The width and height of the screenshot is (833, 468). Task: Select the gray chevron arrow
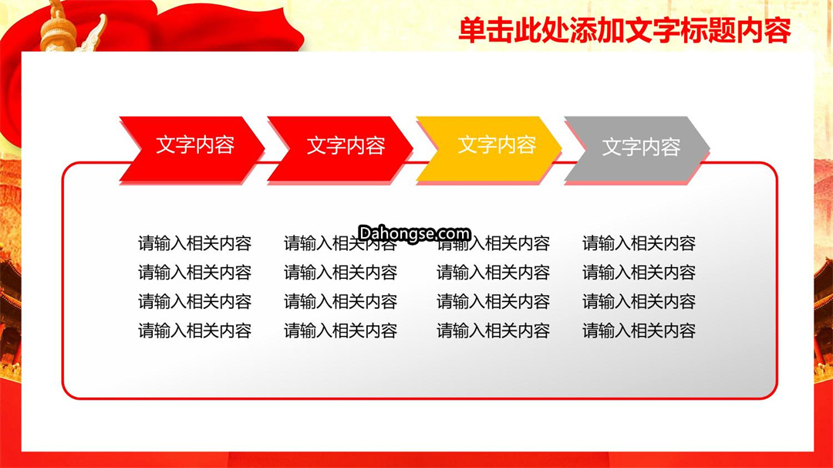tap(637, 150)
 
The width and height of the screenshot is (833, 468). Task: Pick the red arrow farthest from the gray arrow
tap(192, 150)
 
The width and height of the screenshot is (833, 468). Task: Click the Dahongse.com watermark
tap(414, 233)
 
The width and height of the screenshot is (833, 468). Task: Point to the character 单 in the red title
tap(472, 31)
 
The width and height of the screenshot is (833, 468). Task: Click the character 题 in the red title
tap(721, 31)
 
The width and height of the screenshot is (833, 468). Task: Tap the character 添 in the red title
tap(583, 31)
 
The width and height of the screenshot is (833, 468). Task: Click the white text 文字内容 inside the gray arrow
tap(641, 147)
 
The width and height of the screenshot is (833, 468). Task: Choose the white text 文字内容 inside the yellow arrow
tap(497, 144)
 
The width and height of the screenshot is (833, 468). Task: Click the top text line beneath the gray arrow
tap(639, 243)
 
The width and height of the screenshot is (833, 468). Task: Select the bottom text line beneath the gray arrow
tap(639, 331)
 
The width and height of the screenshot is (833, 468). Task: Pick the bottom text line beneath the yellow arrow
tap(493, 331)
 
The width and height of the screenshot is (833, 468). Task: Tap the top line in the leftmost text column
tap(195, 243)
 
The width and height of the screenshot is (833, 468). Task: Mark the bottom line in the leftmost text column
tap(195, 331)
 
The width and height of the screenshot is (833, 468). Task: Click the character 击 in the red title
tap(500, 31)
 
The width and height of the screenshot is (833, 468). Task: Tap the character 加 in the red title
tap(611, 31)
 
